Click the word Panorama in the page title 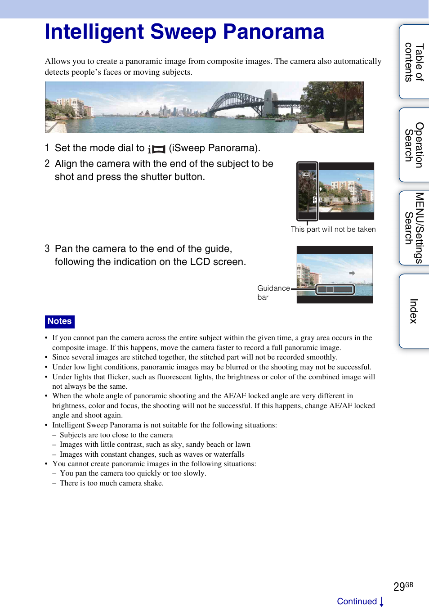(273, 32)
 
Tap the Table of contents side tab (414, 62)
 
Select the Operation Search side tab (414, 145)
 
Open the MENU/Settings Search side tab (414, 228)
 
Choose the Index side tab (414, 311)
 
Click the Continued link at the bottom (357, 602)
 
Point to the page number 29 (399, 587)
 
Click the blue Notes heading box (60, 321)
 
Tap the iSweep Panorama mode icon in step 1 (156, 149)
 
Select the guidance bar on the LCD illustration (335, 289)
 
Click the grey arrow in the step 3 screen (352, 273)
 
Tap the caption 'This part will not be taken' (333, 229)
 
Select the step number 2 (47, 164)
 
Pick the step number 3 (47, 249)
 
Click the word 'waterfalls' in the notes (229, 454)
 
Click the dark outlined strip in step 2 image (308, 191)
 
